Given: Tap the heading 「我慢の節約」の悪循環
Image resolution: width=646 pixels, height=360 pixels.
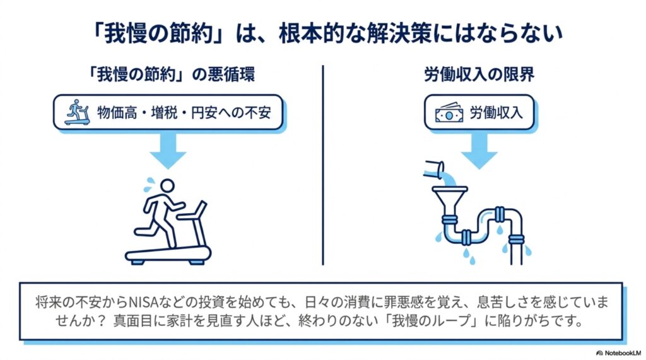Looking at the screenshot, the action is [x=172, y=74].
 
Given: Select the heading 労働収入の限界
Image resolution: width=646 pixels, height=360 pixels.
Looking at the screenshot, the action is [x=479, y=74].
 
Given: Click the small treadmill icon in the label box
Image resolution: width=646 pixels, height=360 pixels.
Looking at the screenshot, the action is [x=78, y=112].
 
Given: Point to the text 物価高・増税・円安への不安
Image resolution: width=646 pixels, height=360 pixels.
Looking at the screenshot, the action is [x=184, y=112].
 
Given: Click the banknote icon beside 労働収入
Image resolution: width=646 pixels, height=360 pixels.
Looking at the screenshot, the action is [x=449, y=112].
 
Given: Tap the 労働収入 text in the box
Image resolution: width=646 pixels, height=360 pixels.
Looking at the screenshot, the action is [x=496, y=112].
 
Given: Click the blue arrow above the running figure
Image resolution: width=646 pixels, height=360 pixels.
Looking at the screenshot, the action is [x=168, y=150].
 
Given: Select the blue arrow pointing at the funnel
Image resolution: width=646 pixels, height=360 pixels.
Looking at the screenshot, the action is [x=479, y=150].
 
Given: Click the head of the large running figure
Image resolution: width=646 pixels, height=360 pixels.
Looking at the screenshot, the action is [x=167, y=186].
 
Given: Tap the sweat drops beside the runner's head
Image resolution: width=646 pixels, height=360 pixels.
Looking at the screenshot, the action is [x=149, y=185].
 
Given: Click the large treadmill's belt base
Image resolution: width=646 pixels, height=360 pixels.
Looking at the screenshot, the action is [x=168, y=255].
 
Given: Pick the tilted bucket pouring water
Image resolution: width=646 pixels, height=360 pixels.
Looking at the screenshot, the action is [x=434, y=169].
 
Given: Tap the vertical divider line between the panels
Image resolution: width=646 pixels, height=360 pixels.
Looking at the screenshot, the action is [x=323, y=165].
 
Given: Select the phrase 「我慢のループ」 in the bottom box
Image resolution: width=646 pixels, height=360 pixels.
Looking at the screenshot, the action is [x=436, y=322].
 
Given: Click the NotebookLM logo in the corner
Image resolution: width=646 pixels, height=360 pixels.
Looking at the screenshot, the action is [x=619, y=353].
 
